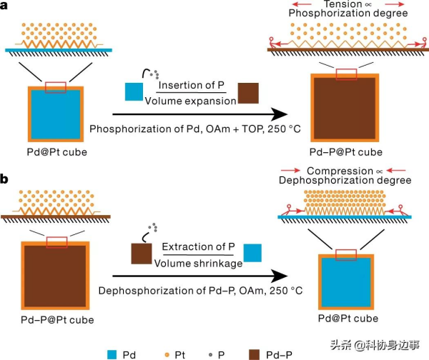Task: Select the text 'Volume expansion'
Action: pos(189,101)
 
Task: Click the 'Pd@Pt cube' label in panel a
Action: pos(56,152)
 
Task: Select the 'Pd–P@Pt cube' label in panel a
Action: pos(345,152)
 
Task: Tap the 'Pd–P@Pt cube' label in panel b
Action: pos(56,319)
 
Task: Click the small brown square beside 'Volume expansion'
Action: pos(249,94)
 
